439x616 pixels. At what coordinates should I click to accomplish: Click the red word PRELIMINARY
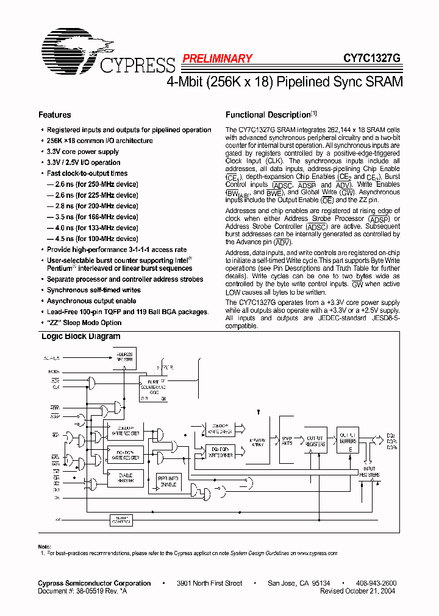pos(217,58)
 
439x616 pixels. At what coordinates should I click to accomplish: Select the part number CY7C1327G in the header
pos(372,58)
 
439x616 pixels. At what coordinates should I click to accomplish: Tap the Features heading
pos(55,115)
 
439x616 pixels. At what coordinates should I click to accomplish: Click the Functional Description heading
pos(268,115)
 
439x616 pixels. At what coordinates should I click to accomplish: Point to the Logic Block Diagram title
pos(80,337)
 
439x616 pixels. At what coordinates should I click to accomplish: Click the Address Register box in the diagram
pos(124,357)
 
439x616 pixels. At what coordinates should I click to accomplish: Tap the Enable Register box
pos(125,478)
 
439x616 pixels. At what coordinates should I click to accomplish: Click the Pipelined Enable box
pos(168,481)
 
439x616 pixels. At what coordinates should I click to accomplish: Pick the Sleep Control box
pos(121,519)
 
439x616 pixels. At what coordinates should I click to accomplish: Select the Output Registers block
pos(315,439)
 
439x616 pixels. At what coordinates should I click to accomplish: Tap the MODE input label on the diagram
pos(54,371)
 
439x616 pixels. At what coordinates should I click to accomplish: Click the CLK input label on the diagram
pos(55,387)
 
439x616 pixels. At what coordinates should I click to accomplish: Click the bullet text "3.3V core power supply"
pos(83,152)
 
